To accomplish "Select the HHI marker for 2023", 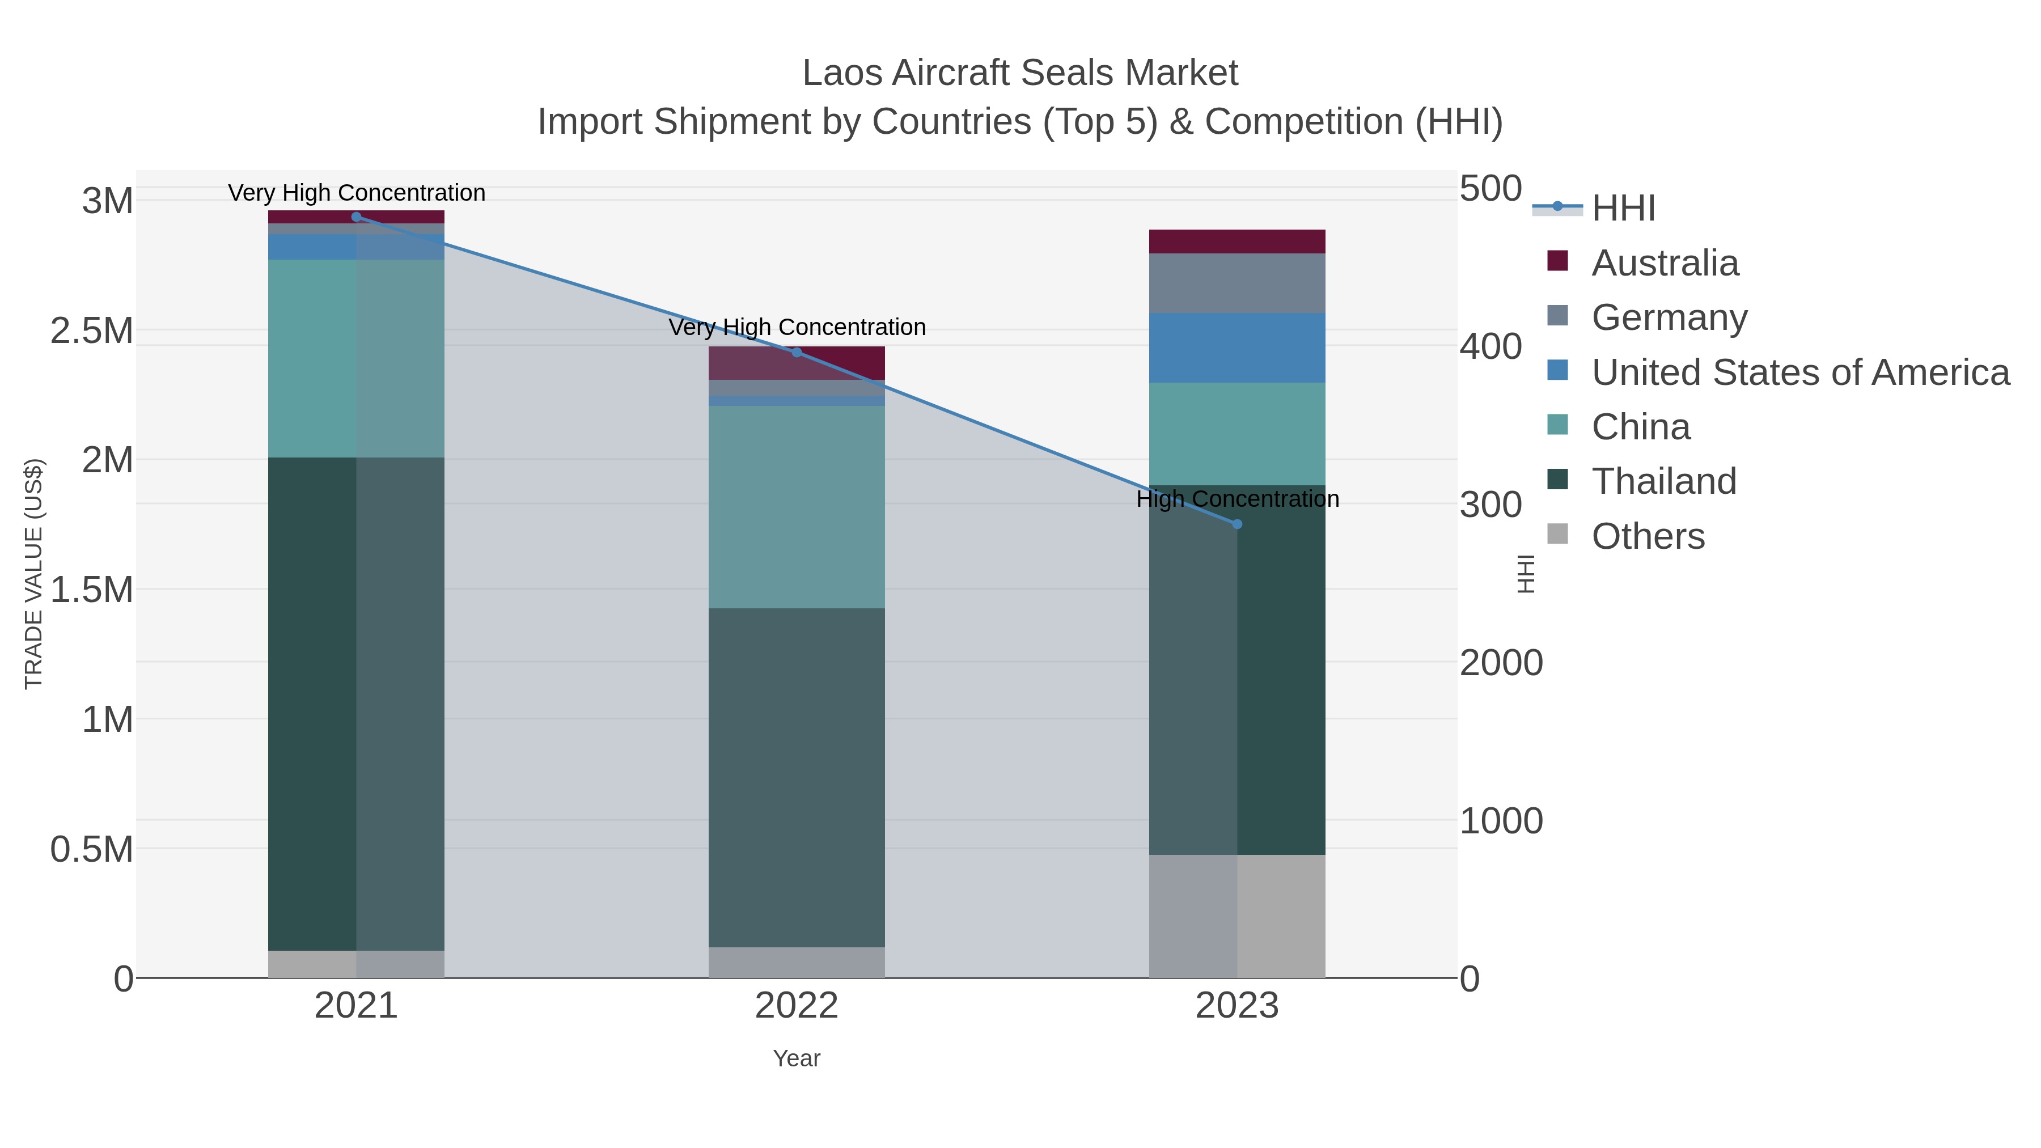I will (1238, 524).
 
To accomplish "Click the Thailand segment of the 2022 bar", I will (797, 777).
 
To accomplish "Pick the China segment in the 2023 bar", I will (1237, 433).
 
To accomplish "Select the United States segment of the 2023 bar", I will (1237, 348).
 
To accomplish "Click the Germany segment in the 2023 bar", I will (1237, 283).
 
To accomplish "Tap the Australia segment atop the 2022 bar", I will (797, 363).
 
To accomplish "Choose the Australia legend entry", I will (1665, 263).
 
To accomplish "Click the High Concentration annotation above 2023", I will (1238, 499).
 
